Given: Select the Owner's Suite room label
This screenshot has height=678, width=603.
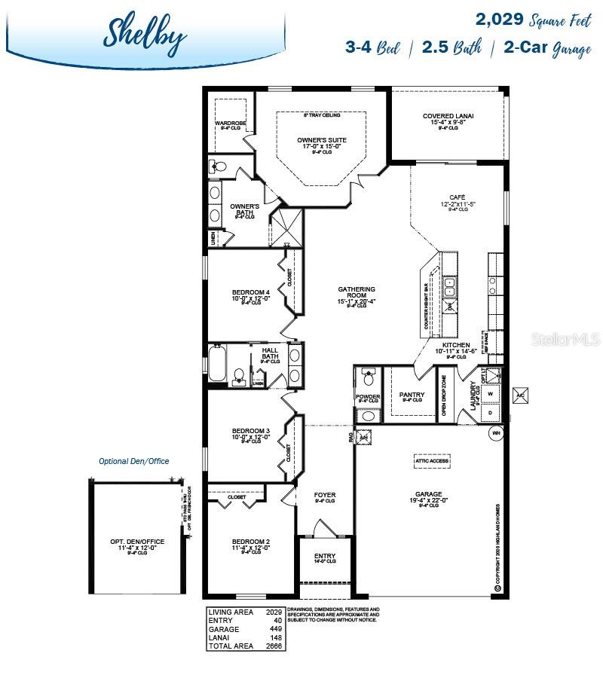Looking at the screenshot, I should point(321,140).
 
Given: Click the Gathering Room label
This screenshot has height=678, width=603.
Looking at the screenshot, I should point(357,290).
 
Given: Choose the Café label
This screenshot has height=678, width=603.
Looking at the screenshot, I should point(458,197).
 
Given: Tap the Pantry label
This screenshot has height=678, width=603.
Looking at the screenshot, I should point(412,395).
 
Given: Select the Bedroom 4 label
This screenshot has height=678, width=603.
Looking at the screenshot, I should point(251,292).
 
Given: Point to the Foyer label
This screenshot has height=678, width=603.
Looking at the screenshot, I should point(325,495).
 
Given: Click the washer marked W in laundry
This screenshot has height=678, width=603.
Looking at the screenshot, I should point(491,394).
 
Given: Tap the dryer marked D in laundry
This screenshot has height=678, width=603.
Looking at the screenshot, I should point(491,412).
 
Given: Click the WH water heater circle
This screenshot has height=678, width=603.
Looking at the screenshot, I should point(496,433).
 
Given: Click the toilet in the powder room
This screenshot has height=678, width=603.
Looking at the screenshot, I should point(369,376).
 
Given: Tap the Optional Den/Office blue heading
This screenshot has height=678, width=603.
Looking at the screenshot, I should point(134,461).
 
